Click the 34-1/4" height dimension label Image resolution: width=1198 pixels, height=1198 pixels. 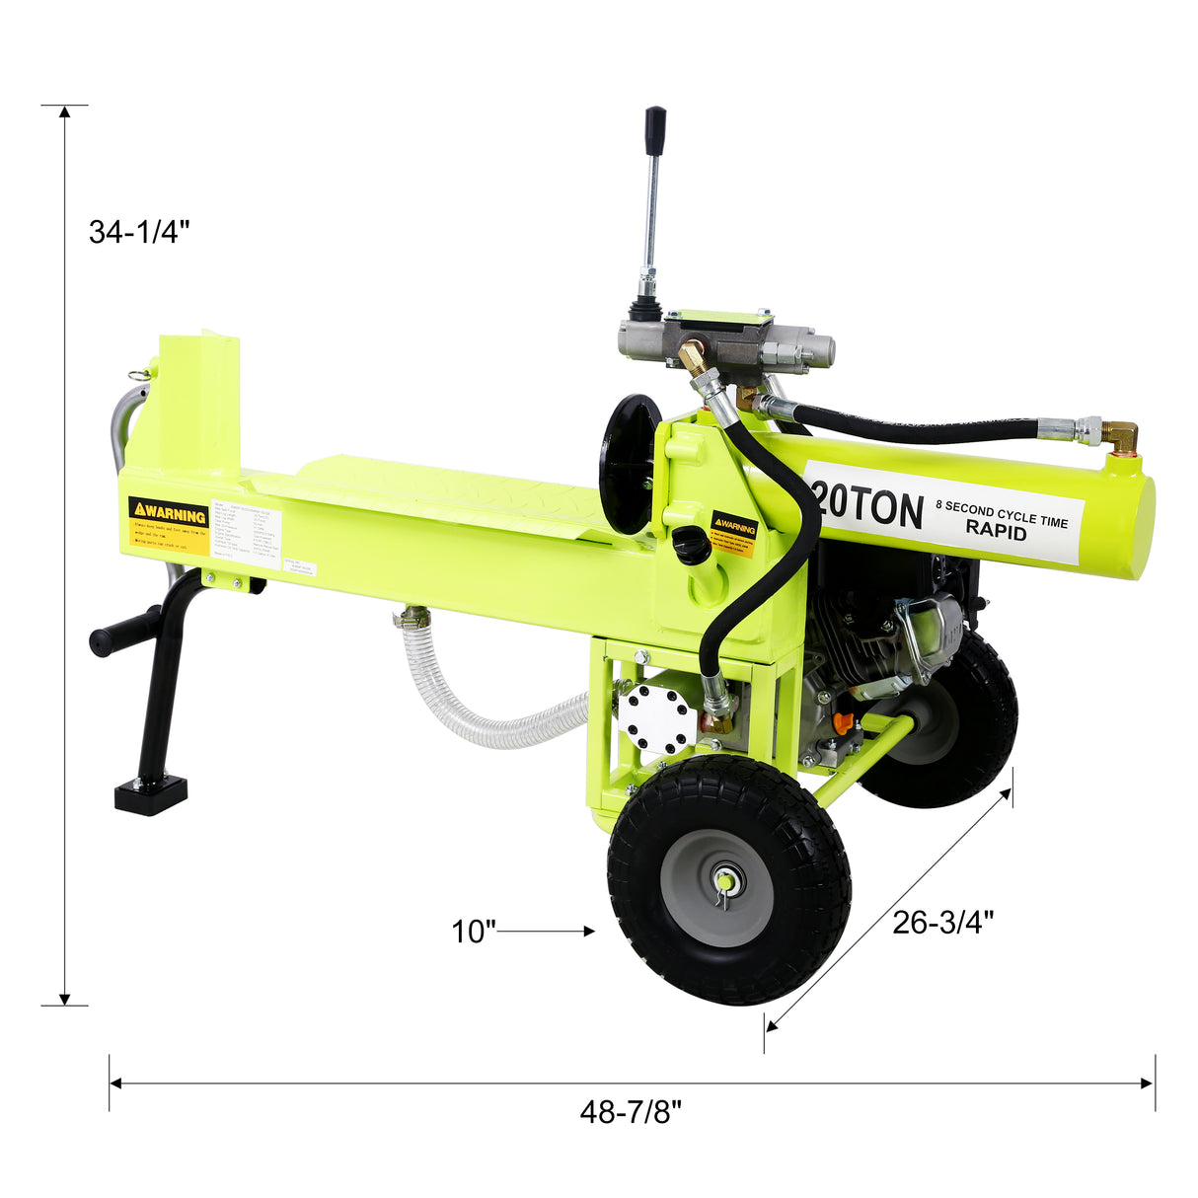point(138,232)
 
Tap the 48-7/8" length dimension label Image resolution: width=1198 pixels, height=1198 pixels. point(631,1112)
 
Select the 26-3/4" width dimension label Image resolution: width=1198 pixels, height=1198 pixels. point(942,922)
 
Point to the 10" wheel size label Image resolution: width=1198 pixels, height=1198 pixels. point(473,931)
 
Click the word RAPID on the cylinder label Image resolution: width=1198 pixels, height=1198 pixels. point(996,531)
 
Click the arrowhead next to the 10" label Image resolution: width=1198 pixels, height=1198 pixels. point(589,931)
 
